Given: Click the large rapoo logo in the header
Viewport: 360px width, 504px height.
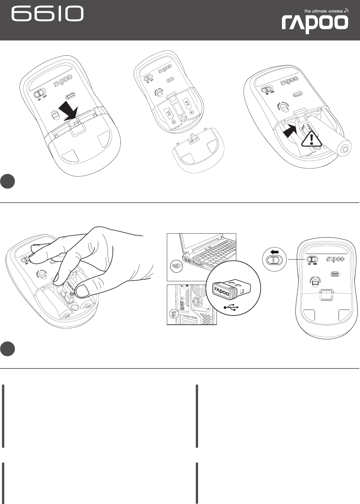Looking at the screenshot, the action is [315, 24].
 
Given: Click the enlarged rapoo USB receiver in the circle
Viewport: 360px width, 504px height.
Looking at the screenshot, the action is [232, 289].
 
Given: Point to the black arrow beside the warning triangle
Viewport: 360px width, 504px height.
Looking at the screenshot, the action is [290, 133].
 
